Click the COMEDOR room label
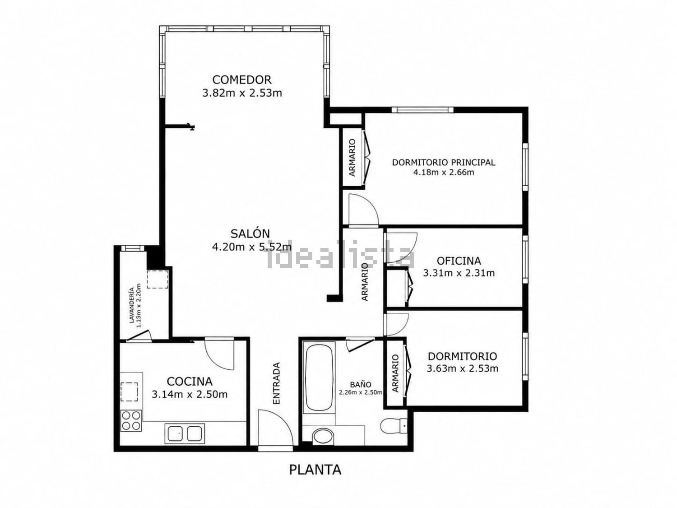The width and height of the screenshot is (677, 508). coord(241,79)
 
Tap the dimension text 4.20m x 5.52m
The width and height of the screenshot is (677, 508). coord(252,247)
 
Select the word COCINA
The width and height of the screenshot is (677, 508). coord(190,382)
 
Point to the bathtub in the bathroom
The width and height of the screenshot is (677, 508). coord(319,377)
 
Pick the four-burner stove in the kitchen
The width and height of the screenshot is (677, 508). coord(131,421)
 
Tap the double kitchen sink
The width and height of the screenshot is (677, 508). coord(185,433)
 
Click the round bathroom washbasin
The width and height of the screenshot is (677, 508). coord(323,437)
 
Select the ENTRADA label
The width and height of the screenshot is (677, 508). coord(276,383)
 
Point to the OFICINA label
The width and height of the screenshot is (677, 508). coord(459,261)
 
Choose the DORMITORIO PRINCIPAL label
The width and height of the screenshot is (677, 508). coord(444,162)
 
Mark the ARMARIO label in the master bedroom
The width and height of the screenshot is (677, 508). coord(352,158)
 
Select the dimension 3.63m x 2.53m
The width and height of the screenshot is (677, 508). coord(462,368)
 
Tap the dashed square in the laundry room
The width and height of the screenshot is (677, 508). coord(158,279)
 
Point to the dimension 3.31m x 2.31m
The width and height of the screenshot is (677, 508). coord(459,273)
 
